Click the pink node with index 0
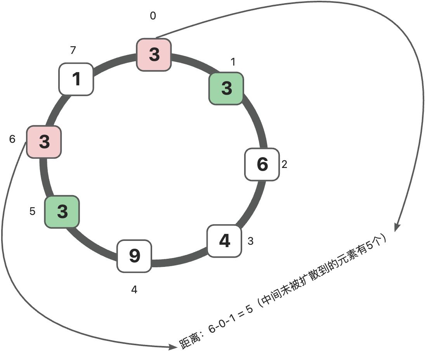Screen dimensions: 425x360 tap(154, 55)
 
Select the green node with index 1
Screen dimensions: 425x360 tap(226, 88)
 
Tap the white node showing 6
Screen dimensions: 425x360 tap(262, 164)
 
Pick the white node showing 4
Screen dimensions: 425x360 tap(224, 241)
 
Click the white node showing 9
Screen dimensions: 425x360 tap(134, 256)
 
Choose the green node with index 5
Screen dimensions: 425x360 tap(62, 211)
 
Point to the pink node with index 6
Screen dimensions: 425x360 tap(44, 142)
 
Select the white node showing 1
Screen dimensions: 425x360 tap(76, 79)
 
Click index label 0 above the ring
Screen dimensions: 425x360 tap(153, 16)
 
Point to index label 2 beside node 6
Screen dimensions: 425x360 tap(284, 164)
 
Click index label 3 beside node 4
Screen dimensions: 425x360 tap(250, 241)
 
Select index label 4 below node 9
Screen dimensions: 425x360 tap(134, 290)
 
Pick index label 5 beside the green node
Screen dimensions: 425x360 tap(33, 211)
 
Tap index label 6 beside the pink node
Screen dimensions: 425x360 tap(12, 139)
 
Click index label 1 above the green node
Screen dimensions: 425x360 tap(233, 62)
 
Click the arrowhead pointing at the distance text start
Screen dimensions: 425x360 tap(173, 347)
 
